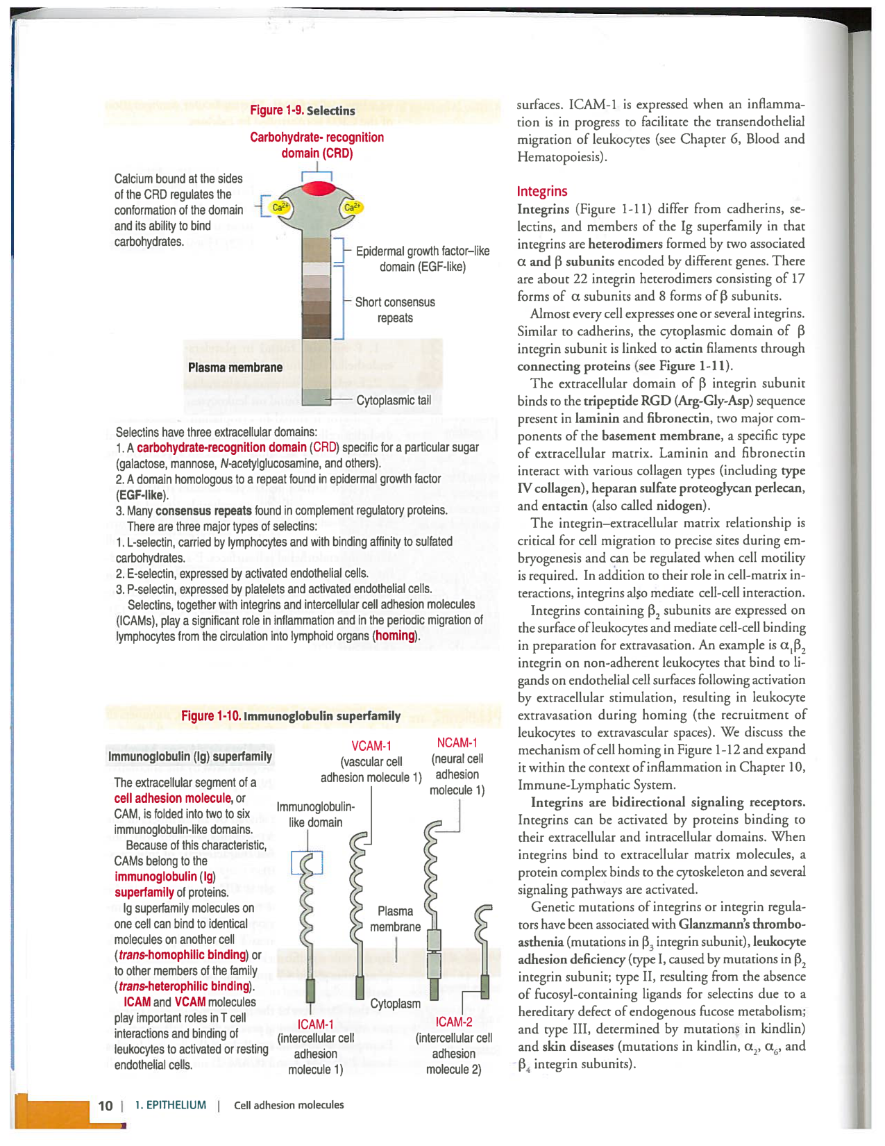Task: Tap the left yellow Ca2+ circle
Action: point(280,207)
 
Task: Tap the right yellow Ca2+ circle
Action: point(353,207)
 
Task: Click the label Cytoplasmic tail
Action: point(393,401)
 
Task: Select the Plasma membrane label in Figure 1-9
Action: point(235,367)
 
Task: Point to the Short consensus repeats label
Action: point(395,310)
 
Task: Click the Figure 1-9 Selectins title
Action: point(303,110)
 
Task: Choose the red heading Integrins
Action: point(542,191)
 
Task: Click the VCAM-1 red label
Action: point(371,746)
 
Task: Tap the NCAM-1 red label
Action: point(457,742)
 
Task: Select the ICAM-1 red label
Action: point(316,1024)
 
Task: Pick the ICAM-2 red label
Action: point(454,1022)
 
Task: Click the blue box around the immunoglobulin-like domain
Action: point(307,863)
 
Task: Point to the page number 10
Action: point(105,1105)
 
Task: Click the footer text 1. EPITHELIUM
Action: point(170,1105)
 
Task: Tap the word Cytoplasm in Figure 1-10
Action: point(395,1004)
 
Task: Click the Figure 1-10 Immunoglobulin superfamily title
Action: point(291,716)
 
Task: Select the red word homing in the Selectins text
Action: point(396,636)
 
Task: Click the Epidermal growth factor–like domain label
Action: point(422,258)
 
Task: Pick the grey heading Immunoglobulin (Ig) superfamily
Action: point(190,756)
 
